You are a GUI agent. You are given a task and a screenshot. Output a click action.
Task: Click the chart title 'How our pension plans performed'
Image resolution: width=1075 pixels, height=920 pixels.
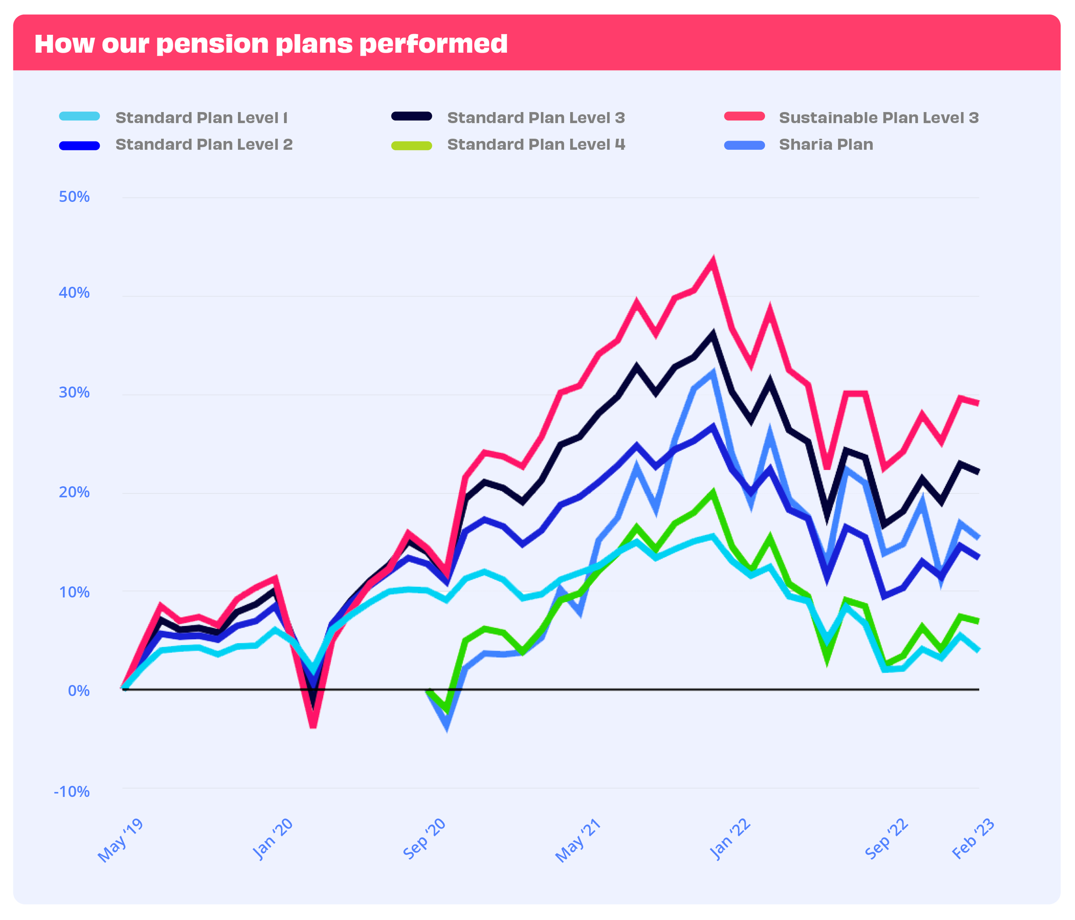click(x=270, y=44)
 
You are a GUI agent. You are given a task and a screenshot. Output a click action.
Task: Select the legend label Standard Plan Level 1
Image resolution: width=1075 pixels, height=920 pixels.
click(x=201, y=118)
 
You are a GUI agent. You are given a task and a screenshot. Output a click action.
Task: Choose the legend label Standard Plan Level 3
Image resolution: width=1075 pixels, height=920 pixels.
click(x=536, y=118)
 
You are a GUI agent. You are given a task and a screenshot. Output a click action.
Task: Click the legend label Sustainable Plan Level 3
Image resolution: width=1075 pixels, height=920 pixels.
click(x=878, y=118)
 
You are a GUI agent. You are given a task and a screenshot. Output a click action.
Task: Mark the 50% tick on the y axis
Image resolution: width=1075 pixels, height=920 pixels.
click(x=74, y=197)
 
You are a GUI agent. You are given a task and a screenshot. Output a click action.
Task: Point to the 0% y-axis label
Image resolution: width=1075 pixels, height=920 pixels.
click(x=79, y=691)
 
